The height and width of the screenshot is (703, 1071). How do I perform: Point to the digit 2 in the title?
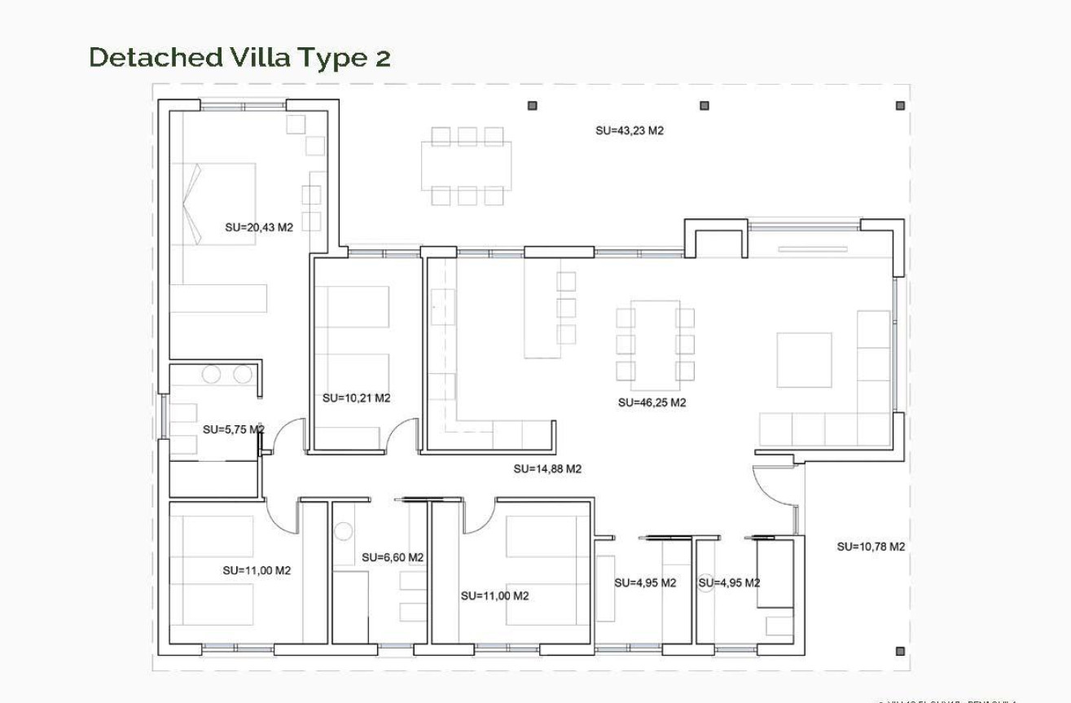383,58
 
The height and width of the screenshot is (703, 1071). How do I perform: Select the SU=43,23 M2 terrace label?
630,130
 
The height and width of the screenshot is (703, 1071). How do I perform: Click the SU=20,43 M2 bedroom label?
259,228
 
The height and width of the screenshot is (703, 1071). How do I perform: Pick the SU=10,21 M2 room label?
356,398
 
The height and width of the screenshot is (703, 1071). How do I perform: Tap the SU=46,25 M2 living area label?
652,402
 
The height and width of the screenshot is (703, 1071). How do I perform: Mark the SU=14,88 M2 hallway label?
547,469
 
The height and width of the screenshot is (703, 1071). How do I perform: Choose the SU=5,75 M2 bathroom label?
233,429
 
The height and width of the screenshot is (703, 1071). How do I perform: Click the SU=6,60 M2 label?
393,558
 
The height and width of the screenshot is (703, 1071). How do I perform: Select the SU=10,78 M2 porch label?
871,547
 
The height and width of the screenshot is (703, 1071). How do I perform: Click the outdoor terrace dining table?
467,166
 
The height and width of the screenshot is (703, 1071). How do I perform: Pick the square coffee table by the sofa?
804,359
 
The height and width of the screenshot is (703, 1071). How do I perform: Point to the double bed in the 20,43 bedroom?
217,203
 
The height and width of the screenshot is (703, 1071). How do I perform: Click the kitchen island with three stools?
542,308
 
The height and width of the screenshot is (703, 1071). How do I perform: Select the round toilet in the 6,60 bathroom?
344,532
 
